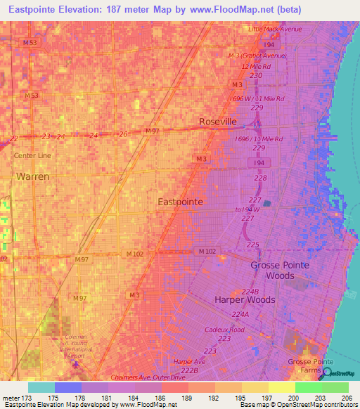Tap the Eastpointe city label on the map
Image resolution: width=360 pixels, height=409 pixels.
tap(180, 202)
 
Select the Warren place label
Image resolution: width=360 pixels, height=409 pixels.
tap(32, 176)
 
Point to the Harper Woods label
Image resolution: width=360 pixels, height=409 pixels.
tap(243, 299)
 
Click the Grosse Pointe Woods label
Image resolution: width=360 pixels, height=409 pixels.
tap(283, 271)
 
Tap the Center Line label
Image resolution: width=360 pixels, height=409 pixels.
tap(33, 155)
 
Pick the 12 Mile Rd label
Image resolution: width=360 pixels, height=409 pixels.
tap(256, 66)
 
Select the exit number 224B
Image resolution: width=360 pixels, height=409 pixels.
tap(250, 291)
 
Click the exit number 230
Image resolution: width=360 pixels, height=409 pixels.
tap(256, 75)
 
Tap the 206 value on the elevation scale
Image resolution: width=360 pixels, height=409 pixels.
tap(345, 398)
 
